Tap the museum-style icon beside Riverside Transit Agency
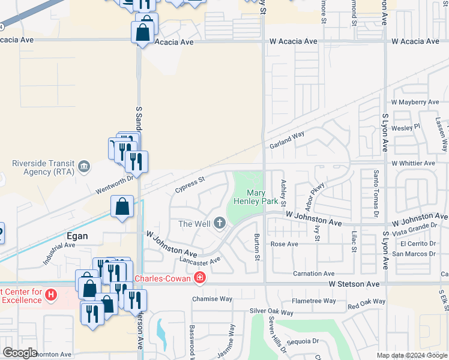point(83,166)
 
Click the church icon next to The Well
point(220,224)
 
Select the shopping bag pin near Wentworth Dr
point(122,207)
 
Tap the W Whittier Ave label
point(413,163)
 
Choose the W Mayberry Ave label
point(415,103)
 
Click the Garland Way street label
point(287,142)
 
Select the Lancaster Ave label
point(200,260)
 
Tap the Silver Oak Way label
point(272,312)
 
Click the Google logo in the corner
point(20,353)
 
